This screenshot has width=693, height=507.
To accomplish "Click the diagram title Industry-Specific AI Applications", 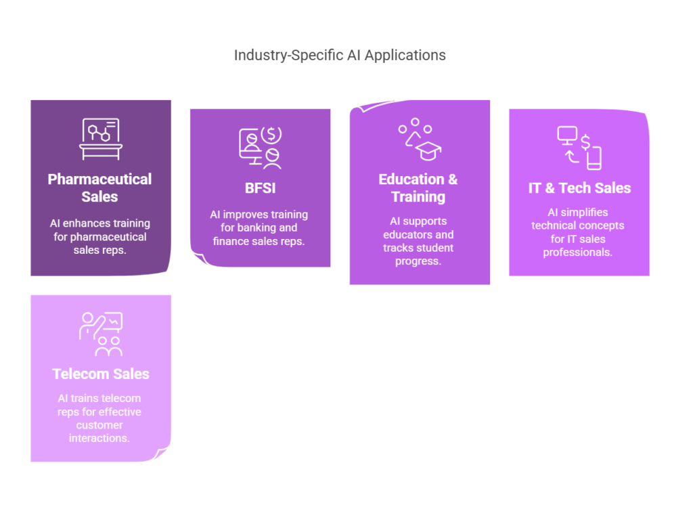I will [340, 56].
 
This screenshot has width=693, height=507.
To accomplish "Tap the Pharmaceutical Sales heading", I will [100, 188].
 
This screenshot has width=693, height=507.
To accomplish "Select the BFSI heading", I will [260, 188].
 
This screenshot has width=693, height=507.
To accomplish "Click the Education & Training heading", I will [418, 188].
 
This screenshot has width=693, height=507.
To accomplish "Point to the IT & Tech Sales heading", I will [579, 188].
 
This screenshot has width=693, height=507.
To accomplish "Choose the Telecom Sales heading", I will [101, 374].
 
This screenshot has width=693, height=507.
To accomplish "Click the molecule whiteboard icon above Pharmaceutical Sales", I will [100, 139].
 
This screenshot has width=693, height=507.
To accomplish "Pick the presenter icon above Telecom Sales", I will [101, 333].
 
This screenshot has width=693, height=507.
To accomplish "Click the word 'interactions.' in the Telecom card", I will [100, 439].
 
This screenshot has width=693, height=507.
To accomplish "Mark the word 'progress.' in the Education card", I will [418, 261].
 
